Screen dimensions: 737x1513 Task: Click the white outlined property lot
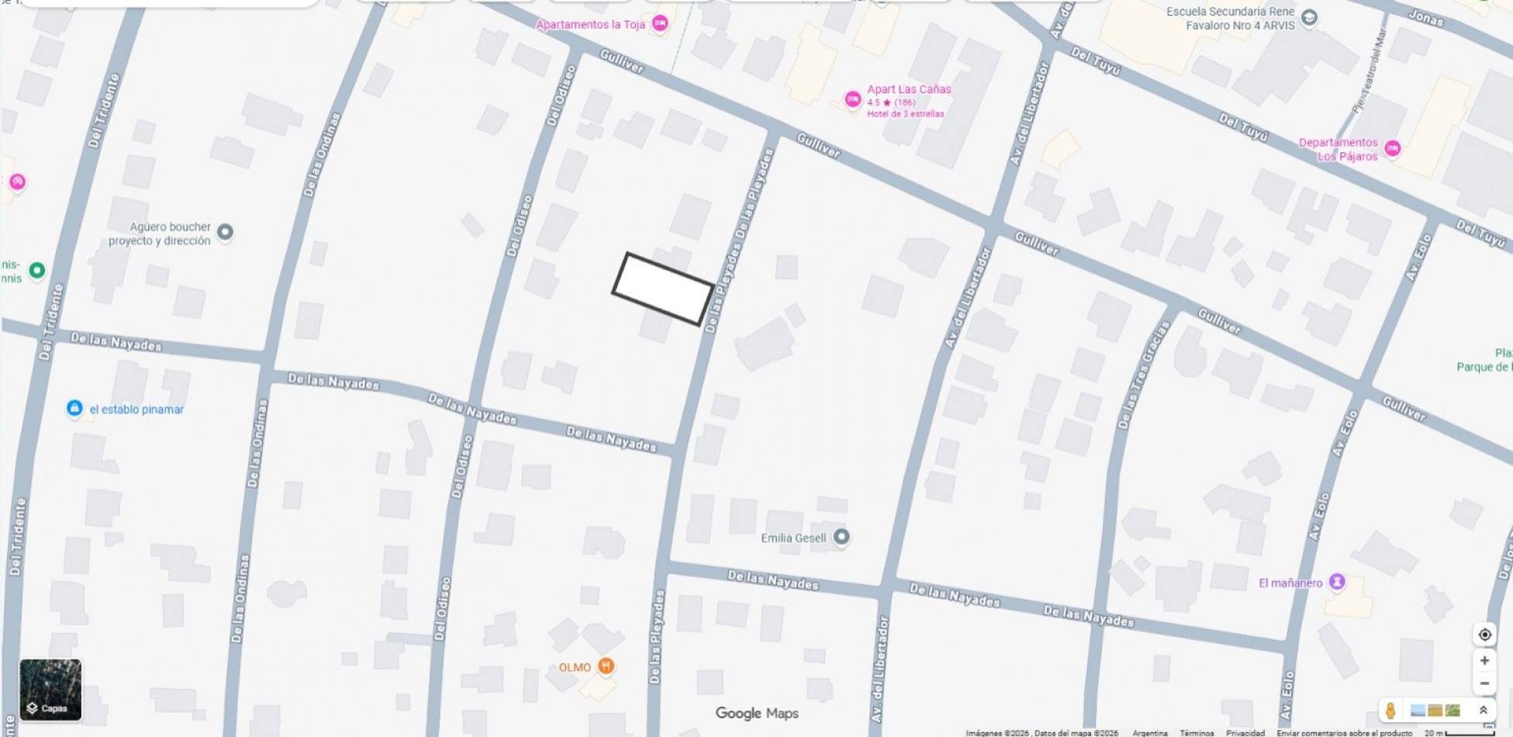coord(663,288)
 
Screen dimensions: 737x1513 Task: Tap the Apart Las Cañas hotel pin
coord(852,99)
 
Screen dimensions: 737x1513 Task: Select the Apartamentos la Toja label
coord(590,25)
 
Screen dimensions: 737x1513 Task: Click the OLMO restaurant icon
coord(606,666)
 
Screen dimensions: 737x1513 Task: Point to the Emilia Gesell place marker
coord(841,537)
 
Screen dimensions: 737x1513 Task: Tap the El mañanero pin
coord(1336,582)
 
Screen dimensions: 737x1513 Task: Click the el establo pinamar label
coord(136,410)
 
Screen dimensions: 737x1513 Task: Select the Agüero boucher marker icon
coord(225,232)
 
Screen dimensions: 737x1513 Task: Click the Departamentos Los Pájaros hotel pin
coord(1392,148)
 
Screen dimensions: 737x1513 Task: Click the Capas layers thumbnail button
coord(50,690)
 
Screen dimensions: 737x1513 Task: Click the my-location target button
coord(1484,635)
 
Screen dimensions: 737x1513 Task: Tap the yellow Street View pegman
coord(1390,710)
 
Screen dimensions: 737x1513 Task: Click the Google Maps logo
coord(756,713)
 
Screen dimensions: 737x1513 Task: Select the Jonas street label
coord(1425,17)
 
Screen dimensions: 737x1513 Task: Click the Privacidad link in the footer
coord(1245,732)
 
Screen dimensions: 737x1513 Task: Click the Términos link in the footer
coord(1197,732)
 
